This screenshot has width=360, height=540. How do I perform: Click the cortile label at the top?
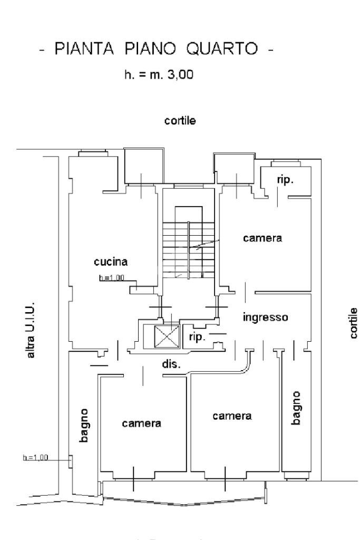181,121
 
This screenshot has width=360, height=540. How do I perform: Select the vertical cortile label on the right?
353,323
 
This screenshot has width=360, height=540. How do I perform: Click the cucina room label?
111,262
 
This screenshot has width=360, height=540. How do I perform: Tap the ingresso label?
265,317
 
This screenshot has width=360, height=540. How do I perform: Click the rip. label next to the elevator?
197,337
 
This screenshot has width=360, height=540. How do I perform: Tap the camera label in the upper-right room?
262,238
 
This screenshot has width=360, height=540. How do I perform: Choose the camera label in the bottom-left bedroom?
141,423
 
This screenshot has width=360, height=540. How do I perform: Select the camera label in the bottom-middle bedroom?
232,416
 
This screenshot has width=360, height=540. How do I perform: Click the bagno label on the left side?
85,425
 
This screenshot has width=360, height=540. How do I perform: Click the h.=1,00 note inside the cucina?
111,278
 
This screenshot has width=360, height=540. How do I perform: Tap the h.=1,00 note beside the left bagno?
35,457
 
